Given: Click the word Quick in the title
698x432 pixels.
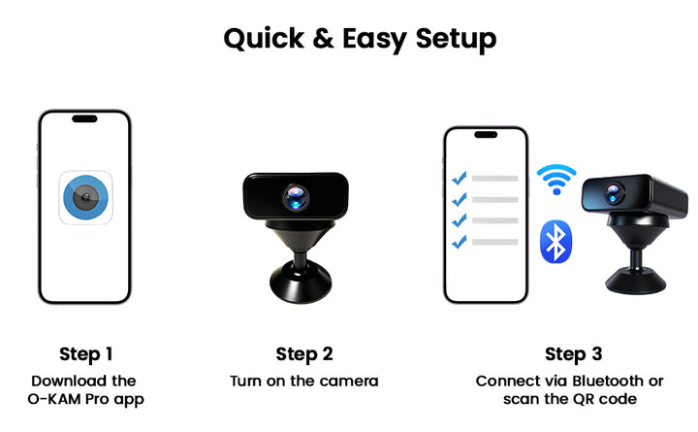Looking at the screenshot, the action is pos(264,39).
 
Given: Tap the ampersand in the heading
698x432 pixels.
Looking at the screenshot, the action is pos(323,38).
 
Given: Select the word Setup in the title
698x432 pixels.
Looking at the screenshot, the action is pos(456,40).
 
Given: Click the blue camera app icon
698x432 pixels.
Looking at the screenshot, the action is pos(86,197).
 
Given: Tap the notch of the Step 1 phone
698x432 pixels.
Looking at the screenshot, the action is pos(84,118).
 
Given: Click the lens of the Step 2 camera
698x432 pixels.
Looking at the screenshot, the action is pos(296,197).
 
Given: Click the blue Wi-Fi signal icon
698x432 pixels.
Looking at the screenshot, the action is pos(556,180).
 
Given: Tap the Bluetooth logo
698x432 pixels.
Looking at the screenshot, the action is pos(555,242).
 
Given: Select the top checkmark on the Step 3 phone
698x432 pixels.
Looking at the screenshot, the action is pos(459,178).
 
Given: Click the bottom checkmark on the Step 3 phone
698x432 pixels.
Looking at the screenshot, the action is pos(459,241).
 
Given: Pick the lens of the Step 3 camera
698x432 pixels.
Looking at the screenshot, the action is pos(615,193).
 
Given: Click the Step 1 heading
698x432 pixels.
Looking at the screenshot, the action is pos(86,354).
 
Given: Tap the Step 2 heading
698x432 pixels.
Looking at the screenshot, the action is pos(304,354).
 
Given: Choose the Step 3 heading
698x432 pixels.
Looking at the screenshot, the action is pos(573,354).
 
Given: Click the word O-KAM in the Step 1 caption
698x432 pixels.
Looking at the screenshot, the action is pos(54,399).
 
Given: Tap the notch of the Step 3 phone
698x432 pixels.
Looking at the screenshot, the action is pos(486,135).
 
